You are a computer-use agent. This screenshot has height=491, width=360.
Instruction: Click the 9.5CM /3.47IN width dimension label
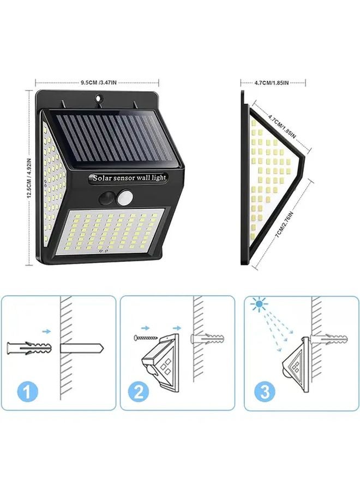coord(99,82)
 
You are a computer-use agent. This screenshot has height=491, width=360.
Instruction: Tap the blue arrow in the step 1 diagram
coord(47,331)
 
